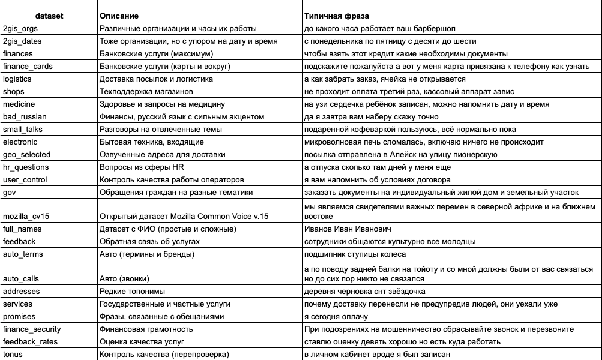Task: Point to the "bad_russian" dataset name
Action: click(25, 116)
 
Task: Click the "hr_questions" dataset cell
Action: click(26, 167)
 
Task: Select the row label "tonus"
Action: click(14, 354)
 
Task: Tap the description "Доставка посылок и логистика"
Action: click(156, 79)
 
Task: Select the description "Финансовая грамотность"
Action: click(146, 329)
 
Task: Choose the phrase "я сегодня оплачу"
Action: click(336, 316)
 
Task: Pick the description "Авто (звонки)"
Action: click(124, 278)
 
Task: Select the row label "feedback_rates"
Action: click(29, 341)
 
